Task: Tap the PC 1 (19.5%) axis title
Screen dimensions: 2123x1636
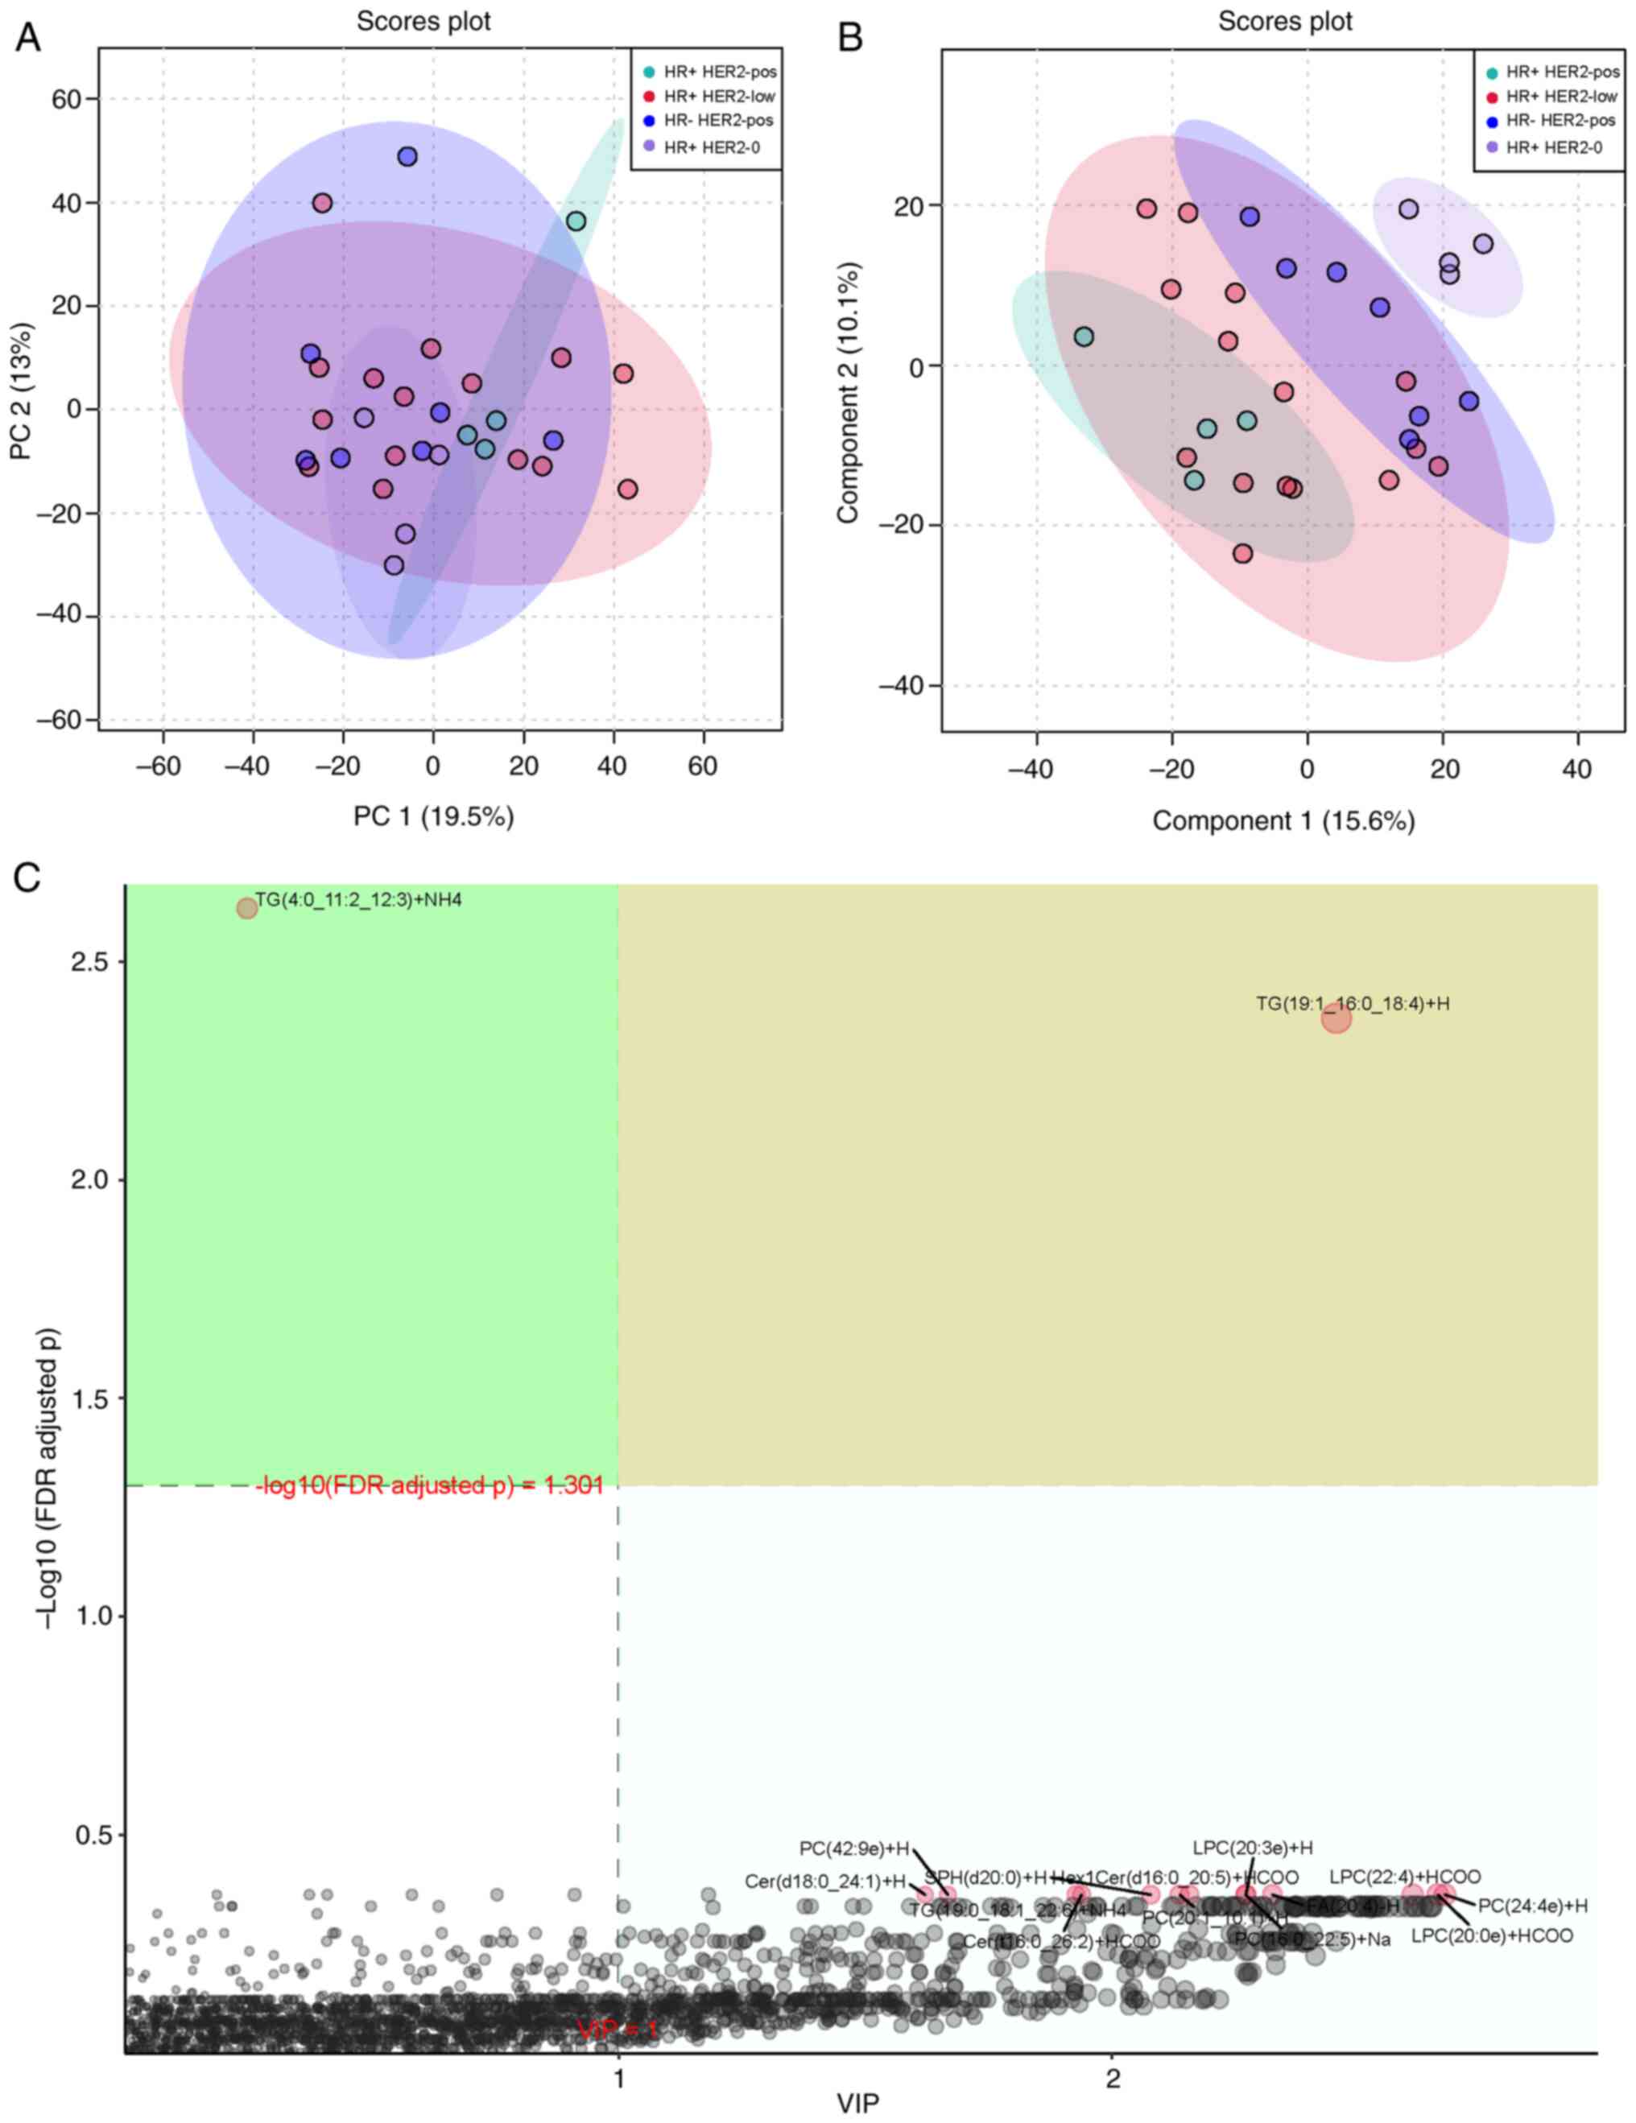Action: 432,816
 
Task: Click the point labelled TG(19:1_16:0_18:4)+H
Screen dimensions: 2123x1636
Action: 1336,1018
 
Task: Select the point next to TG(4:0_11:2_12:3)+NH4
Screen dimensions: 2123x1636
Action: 247,907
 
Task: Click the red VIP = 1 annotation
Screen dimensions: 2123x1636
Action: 618,2030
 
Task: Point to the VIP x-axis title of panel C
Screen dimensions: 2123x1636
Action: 857,2104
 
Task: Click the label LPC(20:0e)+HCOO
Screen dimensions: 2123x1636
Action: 1491,1935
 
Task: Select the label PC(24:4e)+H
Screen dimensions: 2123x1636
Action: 1532,1906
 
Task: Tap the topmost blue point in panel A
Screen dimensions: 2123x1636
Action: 407,156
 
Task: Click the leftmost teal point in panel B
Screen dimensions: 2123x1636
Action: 1084,337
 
